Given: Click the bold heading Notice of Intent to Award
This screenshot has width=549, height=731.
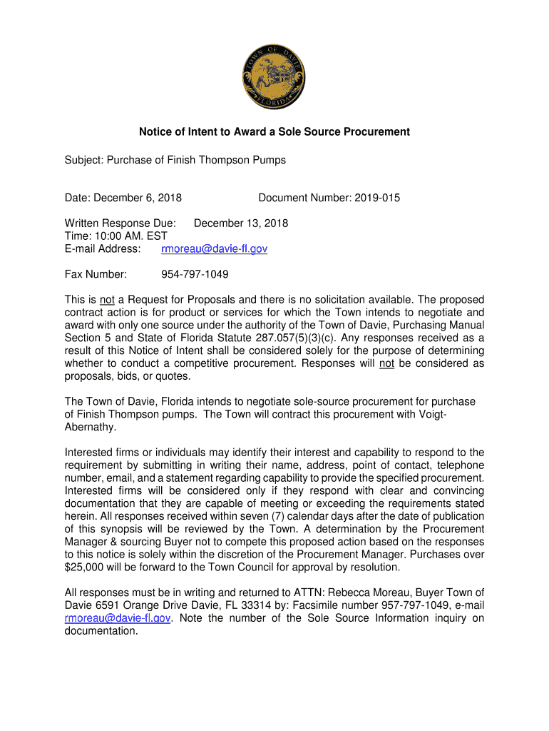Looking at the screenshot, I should pyautogui.click(x=274, y=132).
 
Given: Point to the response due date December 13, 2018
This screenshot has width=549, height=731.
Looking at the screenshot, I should pyautogui.click(x=241, y=223).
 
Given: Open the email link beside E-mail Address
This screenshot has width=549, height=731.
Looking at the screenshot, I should pyautogui.click(x=214, y=249).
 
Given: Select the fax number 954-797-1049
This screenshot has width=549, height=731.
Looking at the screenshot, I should pyautogui.click(x=195, y=274).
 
